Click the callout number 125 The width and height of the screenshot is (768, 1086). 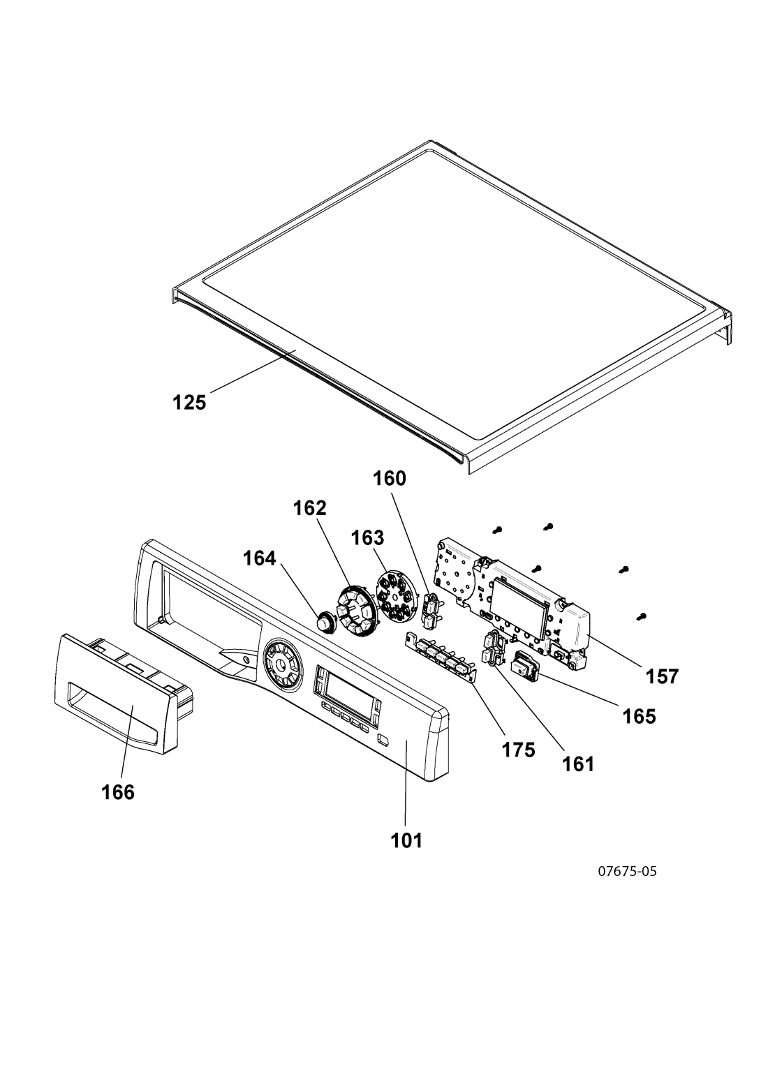(190, 403)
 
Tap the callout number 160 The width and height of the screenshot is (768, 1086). (390, 479)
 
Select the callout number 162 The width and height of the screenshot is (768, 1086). (310, 508)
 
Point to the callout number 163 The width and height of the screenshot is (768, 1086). (367, 537)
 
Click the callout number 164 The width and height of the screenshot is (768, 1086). (260, 558)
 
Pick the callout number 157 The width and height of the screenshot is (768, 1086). (663, 676)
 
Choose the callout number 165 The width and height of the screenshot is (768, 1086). (639, 716)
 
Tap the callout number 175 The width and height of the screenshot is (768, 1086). (518, 750)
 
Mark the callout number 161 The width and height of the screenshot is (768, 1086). (578, 764)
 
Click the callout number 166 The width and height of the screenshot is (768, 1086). (118, 793)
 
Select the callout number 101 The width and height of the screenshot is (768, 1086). (407, 841)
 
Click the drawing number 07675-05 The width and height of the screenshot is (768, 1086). (628, 871)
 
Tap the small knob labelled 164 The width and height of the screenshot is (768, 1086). (325, 622)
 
